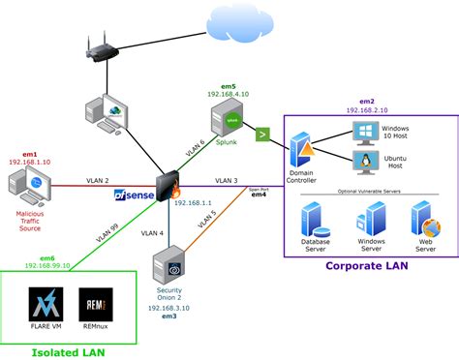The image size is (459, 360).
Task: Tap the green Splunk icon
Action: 229,121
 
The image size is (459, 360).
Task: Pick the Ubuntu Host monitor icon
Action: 367,162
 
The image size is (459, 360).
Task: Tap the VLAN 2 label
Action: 101,180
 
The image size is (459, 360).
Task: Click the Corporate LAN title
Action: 369,265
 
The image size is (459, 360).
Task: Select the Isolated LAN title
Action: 67,351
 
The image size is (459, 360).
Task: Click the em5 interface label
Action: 229,86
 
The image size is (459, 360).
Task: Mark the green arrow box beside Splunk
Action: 262,135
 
